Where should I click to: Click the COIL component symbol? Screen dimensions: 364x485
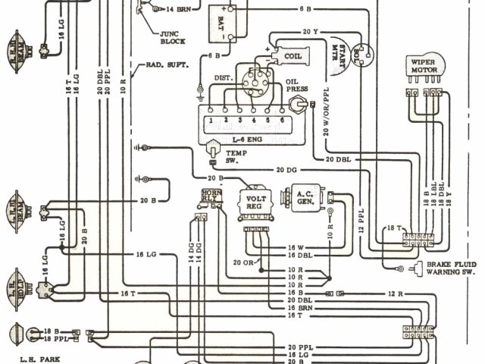(x=292, y=56)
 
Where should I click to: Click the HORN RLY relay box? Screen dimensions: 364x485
(x=210, y=198)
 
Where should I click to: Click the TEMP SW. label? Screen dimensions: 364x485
(x=233, y=157)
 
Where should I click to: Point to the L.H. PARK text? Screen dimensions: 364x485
(x=37, y=356)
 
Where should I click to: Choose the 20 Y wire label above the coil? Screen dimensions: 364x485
(x=309, y=33)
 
